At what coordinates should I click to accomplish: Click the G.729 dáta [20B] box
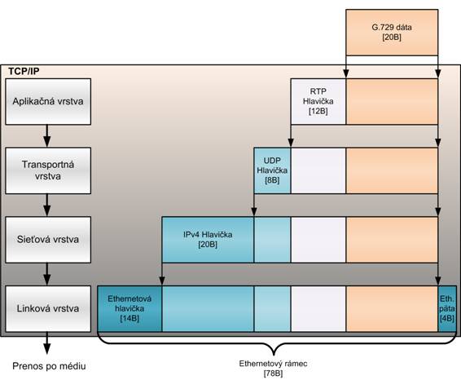tap(392, 33)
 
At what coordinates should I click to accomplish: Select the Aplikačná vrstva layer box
tap(48, 102)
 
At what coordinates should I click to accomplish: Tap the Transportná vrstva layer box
tap(48, 170)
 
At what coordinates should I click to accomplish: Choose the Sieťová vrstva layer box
tap(48, 240)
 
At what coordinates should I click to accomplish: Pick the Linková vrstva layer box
tap(48, 309)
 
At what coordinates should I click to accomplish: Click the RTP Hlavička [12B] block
tap(318, 102)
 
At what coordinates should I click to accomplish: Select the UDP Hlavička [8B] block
tap(272, 170)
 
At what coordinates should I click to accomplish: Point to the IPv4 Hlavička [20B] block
tap(208, 240)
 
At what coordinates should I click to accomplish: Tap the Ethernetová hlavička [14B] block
tap(130, 309)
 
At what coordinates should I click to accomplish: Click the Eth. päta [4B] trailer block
tap(447, 309)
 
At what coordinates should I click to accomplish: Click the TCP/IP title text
tap(24, 71)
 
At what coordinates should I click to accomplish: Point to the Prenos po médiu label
tap(49, 366)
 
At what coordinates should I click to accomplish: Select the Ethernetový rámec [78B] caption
tap(273, 369)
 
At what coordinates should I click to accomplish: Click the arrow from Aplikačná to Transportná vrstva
tap(47, 136)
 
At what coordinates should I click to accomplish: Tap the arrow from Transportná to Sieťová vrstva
tap(47, 205)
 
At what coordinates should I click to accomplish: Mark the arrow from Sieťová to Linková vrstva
tap(47, 274)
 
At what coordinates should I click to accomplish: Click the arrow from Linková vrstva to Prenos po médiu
tap(47, 343)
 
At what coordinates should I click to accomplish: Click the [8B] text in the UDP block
tap(272, 180)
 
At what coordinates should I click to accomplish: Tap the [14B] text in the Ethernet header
tap(130, 319)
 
